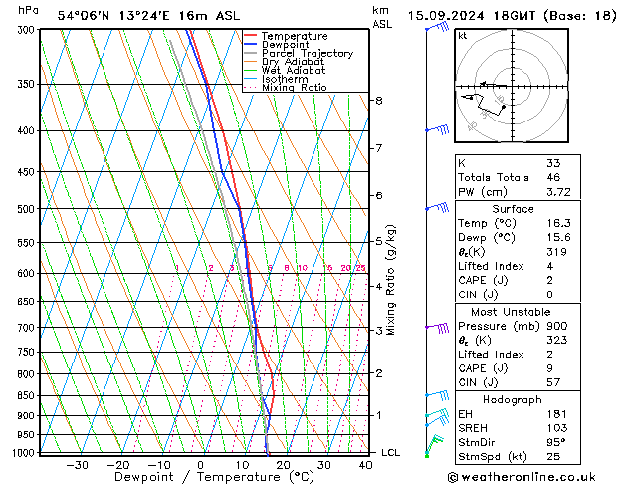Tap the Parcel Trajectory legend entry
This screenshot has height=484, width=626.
(306, 53)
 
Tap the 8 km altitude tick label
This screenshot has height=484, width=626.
(378, 101)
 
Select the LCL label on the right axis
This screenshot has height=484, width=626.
(390, 452)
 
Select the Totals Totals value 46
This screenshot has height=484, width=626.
(553, 177)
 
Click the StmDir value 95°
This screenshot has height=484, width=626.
(556, 442)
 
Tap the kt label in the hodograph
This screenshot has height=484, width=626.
(463, 36)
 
